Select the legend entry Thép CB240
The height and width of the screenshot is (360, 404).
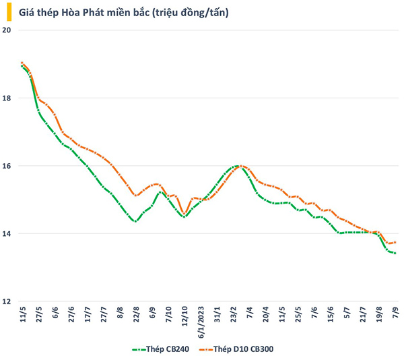[x=162, y=349]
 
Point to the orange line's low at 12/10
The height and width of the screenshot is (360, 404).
[x=184, y=214]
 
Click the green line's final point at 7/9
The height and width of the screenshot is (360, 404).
[x=395, y=253]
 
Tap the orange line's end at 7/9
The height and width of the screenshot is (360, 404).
[x=395, y=242]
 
